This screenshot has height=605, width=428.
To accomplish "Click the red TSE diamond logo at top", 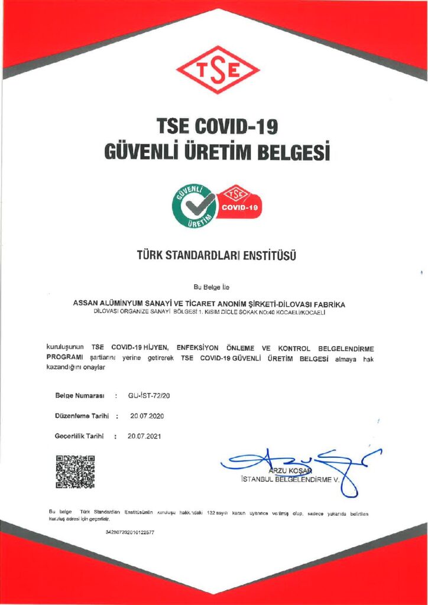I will [x=218, y=69].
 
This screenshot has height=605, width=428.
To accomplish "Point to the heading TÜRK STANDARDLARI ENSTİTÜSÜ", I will [x=215, y=256].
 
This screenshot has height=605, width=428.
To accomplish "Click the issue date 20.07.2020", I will [x=147, y=416].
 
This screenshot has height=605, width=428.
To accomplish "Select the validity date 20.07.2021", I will [x=144, y=437].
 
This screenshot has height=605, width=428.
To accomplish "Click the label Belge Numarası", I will [x=80, y=395].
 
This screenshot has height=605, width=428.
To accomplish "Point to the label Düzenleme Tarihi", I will [x=82, y=416].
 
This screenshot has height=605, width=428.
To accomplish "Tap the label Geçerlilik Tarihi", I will [x=80, y=437].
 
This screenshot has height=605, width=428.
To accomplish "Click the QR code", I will [x=75, y=471].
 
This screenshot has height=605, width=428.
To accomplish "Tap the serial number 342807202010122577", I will [x=129, y=532].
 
